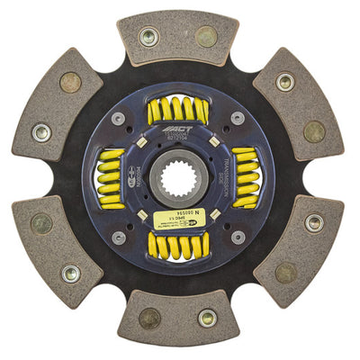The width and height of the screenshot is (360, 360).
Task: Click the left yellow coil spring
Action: pos(111,177)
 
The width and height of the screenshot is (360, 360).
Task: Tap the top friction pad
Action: pos(177,37)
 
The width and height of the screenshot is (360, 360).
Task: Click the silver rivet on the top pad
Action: pos(149,37)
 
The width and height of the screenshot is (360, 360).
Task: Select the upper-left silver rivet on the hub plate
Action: pos(118,118)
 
